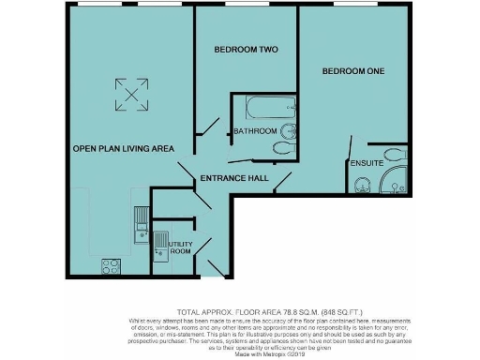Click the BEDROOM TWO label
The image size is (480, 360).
[247, 49]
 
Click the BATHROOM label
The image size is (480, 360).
[255, 130]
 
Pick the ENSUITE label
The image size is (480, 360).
[365, 164]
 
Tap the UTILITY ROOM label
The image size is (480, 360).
[180, 247]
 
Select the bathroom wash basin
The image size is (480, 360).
[288, 129]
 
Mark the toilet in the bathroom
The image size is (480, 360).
[280, 147]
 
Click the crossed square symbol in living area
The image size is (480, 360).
[130, 91]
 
